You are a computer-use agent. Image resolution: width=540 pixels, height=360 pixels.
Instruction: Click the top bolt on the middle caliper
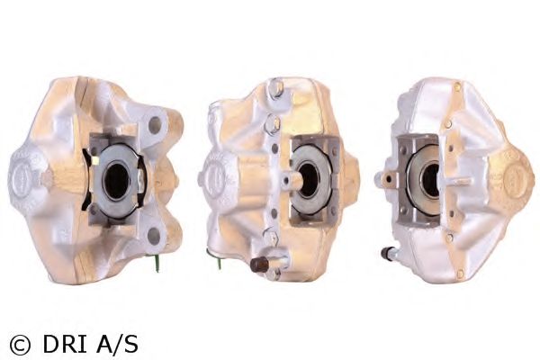point(276,87)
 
